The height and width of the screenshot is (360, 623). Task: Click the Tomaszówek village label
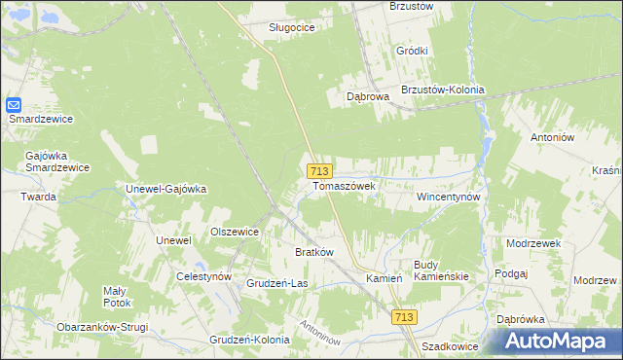(344, 184)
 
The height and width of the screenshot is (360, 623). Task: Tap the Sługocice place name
(292, 27)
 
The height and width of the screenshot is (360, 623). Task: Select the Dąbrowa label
(369, 97)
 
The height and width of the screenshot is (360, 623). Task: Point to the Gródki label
(413, 51)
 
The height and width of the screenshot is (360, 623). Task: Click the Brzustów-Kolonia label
(442, 90)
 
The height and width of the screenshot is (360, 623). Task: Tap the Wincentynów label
(449, 196)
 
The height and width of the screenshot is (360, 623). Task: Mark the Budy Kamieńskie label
(441, 270)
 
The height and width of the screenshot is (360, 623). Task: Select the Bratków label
(314, 252)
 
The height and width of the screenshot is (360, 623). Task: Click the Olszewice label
(235, 232)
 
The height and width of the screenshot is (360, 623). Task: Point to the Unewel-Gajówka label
(166, 189)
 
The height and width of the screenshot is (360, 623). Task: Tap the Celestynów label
(203, 276)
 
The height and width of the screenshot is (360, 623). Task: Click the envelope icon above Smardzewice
(14, 104)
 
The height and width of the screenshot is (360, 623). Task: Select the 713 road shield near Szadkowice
(405, 317)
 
